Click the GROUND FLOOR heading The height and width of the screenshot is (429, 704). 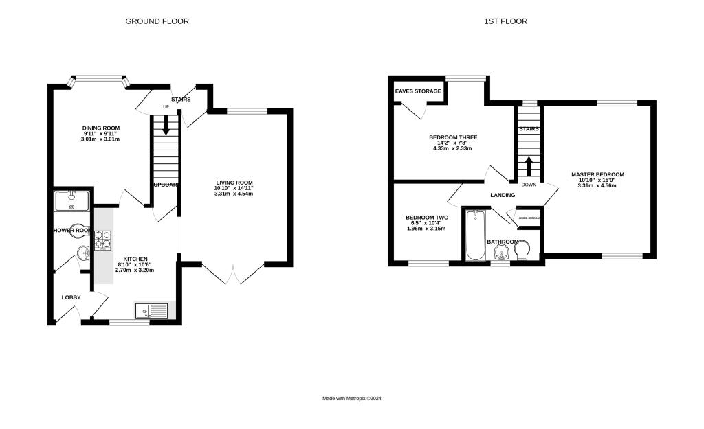[x=157, y=21]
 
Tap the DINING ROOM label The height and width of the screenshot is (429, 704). [x=101, y=128]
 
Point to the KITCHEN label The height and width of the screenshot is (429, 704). [x=135, y=259]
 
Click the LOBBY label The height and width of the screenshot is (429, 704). [x=71, y=297]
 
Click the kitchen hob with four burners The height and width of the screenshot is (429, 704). [x=103, y=240]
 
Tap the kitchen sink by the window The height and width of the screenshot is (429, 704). [x=152, y=311]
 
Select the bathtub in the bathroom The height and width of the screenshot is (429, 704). [x=475, y=235]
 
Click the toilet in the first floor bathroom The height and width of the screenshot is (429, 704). [x=522, y=250]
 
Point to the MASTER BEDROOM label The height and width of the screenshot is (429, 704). [x=597, y=174]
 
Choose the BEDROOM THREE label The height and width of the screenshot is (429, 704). [x=452, y=137]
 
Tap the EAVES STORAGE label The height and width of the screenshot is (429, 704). [x=418, y=91]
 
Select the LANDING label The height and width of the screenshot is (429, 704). [x=503, y=195]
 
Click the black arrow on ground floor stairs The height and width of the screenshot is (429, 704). [x=165, y=125]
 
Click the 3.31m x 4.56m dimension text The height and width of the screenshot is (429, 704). [x=597, y=185]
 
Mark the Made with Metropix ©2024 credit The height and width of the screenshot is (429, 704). [x=351, y=399]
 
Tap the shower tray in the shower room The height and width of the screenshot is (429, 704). [x=71, y=200]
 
